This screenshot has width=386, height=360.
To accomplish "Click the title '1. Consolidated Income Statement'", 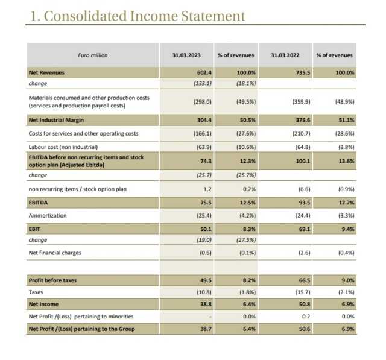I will [138, 16].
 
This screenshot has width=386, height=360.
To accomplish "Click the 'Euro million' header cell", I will [93, 55].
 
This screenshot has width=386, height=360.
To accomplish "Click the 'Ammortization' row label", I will [48, 215].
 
